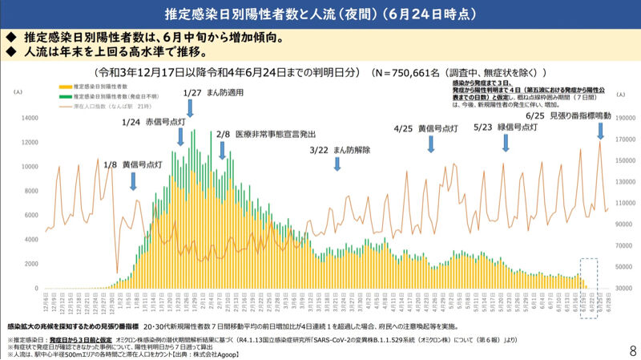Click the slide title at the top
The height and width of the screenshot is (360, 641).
tap(320, 14)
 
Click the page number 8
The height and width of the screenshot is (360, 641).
tap(632, 351)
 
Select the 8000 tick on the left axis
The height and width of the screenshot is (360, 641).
tap(30, 191)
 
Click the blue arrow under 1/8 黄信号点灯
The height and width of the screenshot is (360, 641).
tap(134, 182)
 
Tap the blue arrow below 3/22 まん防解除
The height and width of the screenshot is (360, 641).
tap(337, 163)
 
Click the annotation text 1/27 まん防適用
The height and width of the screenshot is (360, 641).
tap(212, 92)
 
